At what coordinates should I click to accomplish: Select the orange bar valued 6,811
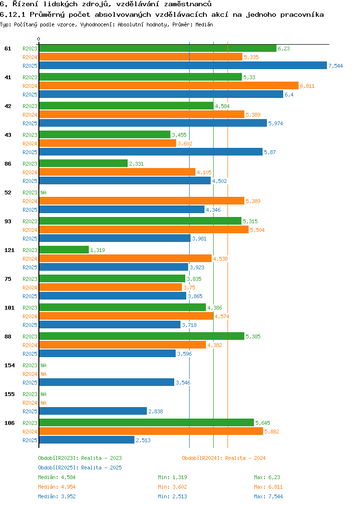(x=168, y=86)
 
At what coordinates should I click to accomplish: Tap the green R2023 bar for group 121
(x=64, y=250)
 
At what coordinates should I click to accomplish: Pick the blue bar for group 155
(x=93, y=411)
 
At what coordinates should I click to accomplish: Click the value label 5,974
(x=276, y=123)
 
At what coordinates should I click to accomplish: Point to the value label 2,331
(x=136, y=164)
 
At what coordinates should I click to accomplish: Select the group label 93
(x=8, y=221)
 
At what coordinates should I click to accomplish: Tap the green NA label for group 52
(x=43, y=192)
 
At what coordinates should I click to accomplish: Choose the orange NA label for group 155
(x=43, y=403)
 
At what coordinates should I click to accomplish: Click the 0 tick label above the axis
(x=39, y=39)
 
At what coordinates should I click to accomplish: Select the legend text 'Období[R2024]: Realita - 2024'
(x=224, y=458)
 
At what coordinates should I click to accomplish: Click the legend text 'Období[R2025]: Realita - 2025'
(x=80, y=468)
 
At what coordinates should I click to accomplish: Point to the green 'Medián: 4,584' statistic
(x=57, y=477)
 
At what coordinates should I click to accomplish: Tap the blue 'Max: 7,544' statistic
(x=268, y=496)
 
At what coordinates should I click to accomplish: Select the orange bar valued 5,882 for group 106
(x=151, y=432)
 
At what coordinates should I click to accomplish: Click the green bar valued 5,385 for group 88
(x=142, y=337)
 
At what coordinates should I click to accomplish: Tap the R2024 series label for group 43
(x=30, y=144)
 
